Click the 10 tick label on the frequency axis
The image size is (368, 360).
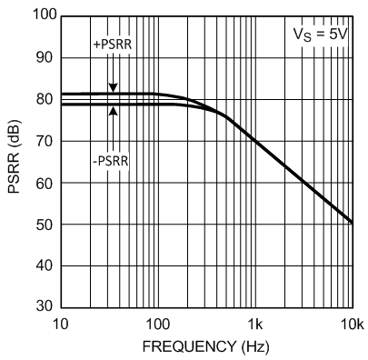60,323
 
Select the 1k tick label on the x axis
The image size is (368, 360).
255,323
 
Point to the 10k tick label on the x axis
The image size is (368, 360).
351,323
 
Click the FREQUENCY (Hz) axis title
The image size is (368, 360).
206,346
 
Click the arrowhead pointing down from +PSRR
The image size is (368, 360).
114,89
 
